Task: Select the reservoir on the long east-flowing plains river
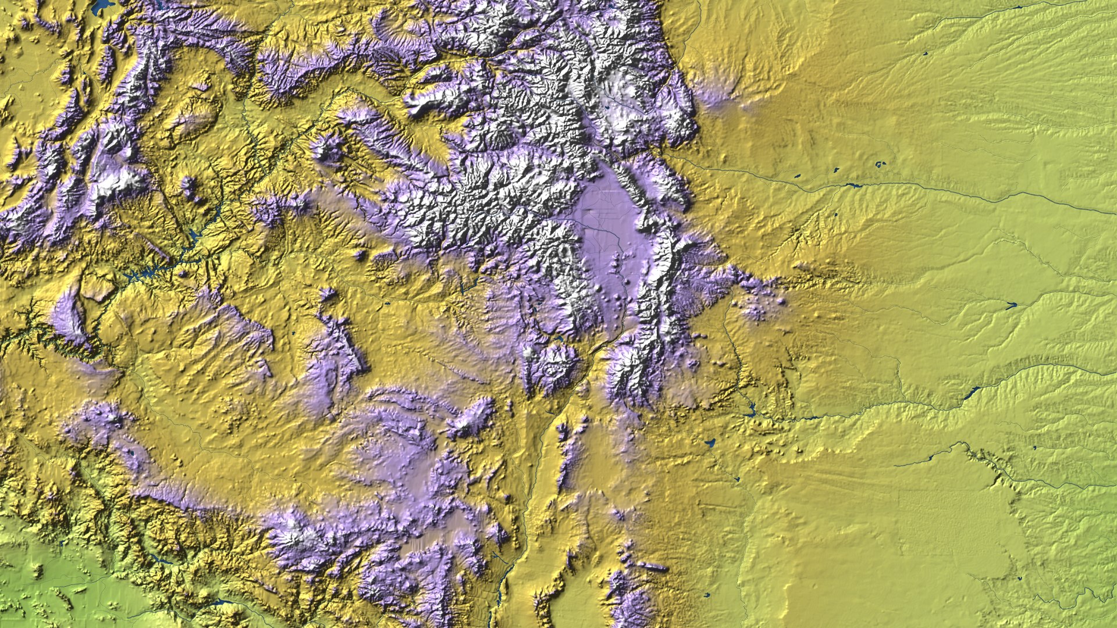[853, 185]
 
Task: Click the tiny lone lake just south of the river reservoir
[836, 215]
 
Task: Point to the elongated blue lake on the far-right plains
[1011, 304]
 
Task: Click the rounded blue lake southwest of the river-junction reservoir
[709, 443]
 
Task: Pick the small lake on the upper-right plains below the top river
[925, 54]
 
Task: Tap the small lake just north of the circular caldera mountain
[559, 337]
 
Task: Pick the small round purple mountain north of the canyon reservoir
[188, 186]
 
